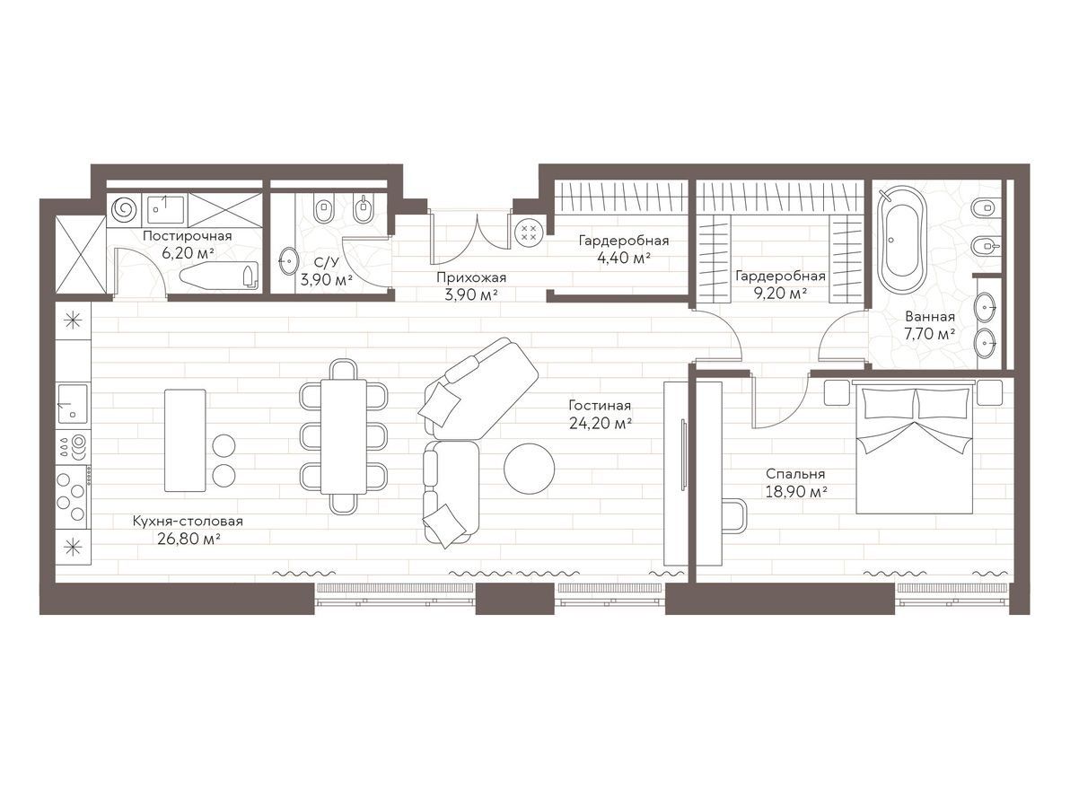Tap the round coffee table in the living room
[529, 469]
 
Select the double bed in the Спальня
[915, 451]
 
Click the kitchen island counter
[185, 440]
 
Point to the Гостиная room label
[600, 406]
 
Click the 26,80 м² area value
[188, 539]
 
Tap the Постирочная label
[187, 236]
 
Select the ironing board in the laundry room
[219, 276]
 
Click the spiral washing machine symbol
[124, 210]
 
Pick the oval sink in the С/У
[289, 260]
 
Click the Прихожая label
[471, 277]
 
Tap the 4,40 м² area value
[624, 258]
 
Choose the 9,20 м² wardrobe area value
[781, 294]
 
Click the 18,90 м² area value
[796, 491]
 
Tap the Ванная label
[929, 317]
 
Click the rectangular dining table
[343, 436]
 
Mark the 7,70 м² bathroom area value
[929, 334]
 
